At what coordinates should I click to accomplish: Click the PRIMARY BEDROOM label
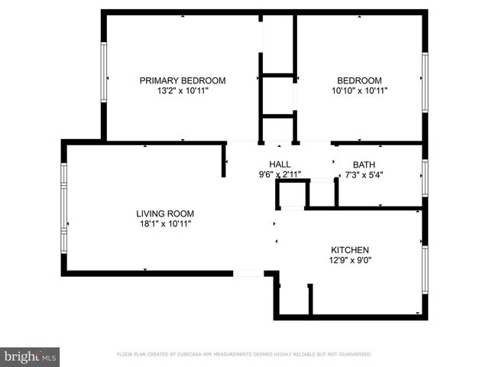(182, 80)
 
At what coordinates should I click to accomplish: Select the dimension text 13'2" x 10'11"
(182, 90)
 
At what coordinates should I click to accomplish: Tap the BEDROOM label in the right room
(359, 80)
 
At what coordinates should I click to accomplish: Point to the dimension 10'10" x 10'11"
(359, 90)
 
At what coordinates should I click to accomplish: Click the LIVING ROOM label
(165, 213)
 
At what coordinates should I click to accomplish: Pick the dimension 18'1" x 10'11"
(164, 224)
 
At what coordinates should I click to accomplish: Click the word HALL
(280, 164)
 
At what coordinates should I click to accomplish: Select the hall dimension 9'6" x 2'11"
(280, 174)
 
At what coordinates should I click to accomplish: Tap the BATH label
(364, 164)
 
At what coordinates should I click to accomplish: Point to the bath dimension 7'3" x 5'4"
(364, 174)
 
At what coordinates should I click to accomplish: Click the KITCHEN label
(350, 250)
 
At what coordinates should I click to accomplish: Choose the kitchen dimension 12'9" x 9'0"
(350, 260)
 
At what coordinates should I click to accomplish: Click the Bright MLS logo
(31, 356)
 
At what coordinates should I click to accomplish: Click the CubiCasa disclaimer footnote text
(244, 355)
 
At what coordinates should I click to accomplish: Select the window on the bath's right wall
(424, 175)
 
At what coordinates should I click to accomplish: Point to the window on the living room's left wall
(64, 207)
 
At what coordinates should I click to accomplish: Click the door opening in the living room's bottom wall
(248, 273)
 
